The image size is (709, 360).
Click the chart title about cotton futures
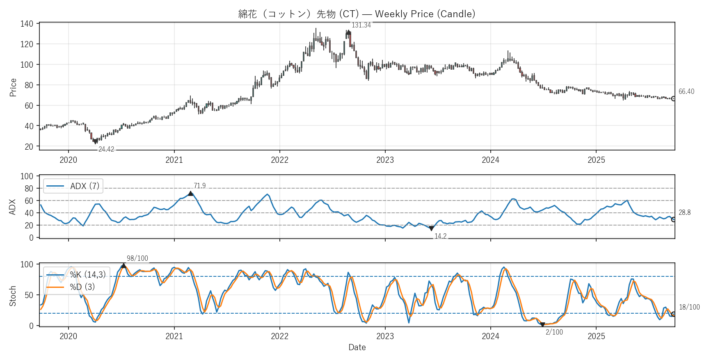point(357,14)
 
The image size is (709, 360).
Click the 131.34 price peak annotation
point(361,25)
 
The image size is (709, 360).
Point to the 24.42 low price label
point(106,149)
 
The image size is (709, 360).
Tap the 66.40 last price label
point(686,91)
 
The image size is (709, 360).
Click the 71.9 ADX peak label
point(200,186)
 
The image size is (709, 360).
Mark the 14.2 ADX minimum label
point(440,236)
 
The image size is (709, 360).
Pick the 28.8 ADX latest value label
point(684,212)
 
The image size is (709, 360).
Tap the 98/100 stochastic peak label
point(137,258)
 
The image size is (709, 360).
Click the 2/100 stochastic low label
point(554,332)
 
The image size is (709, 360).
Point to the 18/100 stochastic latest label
point(689,307)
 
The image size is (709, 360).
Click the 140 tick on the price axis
point(27,24)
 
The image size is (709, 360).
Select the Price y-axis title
point(13,87)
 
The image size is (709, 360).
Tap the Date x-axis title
point(357,347)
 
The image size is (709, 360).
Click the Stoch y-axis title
point(13,296)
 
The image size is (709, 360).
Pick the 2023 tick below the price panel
point(385,160)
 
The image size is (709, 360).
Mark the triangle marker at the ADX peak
point(190,194)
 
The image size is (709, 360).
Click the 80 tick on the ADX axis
point(29,189)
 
